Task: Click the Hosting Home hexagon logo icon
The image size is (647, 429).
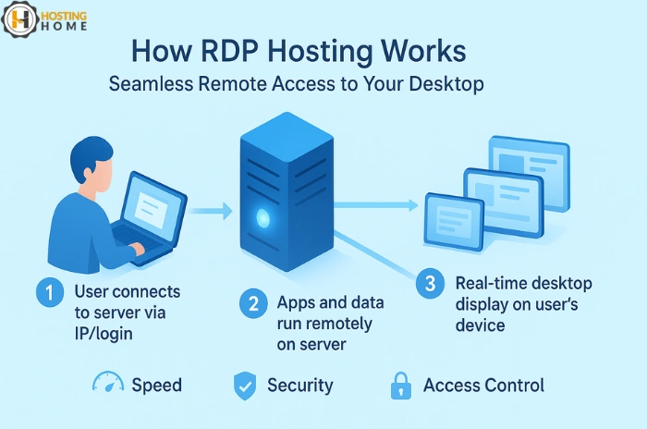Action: [19, 19]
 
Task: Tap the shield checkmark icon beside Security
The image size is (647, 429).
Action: [244, 386]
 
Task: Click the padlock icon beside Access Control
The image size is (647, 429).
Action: [401, 385]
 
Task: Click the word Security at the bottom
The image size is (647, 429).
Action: [300, 386]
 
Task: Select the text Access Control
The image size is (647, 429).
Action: [483, 386]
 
